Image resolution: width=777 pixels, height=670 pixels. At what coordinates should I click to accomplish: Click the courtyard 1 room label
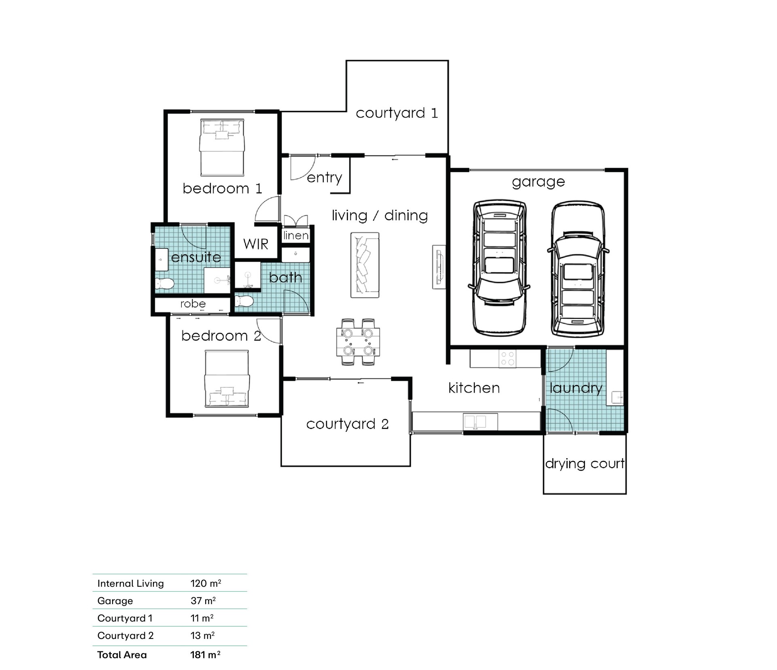(397, 113)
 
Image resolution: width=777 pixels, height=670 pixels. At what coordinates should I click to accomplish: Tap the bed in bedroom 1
(222, 147)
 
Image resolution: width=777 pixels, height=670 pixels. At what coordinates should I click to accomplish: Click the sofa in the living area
(365, 265)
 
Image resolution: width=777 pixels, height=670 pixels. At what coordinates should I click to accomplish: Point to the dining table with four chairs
(358, 342)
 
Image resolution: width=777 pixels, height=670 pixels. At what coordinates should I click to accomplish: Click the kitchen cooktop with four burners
(507, 358)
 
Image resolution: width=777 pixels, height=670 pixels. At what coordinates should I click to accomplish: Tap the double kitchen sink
(480, 422)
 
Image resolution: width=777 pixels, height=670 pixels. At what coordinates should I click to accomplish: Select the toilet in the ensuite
(164, 283)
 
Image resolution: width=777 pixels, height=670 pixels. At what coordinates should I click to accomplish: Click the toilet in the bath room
(244, 301)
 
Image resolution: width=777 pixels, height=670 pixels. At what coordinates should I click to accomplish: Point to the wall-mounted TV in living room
(439, 267)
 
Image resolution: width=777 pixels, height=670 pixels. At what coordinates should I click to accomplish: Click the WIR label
(256, 244)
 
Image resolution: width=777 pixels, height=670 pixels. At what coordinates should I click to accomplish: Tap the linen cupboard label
(296, 235)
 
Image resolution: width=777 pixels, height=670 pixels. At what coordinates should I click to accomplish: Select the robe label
(193, 304)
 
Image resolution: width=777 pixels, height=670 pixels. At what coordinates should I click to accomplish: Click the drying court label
(585, 463)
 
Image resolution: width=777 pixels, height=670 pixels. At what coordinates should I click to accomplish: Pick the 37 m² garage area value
(203, 600)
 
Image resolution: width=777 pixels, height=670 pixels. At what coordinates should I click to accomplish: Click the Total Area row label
(122, 655)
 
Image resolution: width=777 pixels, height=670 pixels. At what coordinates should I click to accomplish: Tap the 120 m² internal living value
(206, 583)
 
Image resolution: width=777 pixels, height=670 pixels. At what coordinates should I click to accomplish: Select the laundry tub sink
(617, 397)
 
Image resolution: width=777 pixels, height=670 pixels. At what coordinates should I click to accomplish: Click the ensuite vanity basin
(161, 259)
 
